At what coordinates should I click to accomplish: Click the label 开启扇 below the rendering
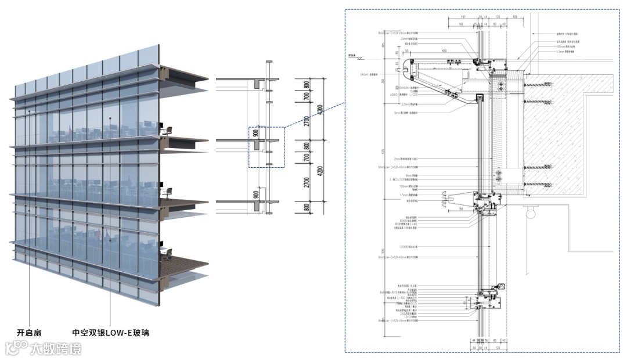(x=28, y=333)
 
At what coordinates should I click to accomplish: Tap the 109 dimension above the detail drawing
(x=516, y=17)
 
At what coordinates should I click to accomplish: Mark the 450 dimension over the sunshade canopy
(x=444, y=51)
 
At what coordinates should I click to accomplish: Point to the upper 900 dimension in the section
(x=256, y=134)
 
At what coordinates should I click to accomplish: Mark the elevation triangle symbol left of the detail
(x=360, y=57)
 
